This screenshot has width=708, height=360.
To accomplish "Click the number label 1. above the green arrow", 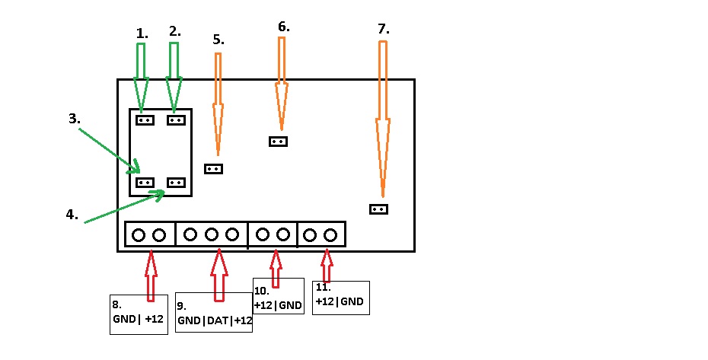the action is [x=142, y=33].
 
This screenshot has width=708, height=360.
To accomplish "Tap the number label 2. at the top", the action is [x=175, y=31].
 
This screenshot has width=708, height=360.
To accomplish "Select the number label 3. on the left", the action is [x=75, y=119].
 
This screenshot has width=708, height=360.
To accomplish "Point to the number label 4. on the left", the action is [x=72, y=215].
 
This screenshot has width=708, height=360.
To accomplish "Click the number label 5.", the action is [x=218, y=40].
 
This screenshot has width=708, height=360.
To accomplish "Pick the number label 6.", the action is [x=283, y=27].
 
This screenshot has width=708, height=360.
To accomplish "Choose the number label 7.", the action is [x=384, y=29].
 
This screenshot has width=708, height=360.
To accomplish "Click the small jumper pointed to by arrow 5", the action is [x=214, y=169].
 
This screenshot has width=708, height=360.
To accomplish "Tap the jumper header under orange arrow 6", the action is [x=278, y=142].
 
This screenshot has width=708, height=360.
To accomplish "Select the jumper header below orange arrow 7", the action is [x=379, y=209].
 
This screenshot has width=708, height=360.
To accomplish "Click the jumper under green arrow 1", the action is [x=145, y=120].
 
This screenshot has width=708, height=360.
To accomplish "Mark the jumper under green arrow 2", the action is [x=176, y=120].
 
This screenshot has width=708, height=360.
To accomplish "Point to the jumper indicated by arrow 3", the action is [x=145, y=183].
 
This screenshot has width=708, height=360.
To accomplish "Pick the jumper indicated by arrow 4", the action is [x=176, y=183].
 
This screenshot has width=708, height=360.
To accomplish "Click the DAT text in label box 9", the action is [x=218, y=320].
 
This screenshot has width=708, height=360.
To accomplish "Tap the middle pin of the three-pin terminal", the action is [x=212, y=234].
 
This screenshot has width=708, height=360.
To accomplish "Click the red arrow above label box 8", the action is [x=151, y=276].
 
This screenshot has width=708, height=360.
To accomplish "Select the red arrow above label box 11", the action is [x=327, y=266].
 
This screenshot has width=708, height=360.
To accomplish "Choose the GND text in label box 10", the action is [x=290, y=305].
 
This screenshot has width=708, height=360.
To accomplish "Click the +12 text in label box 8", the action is [x=154, y=319].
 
